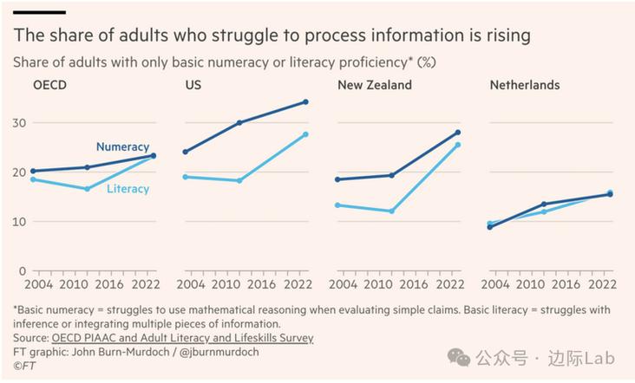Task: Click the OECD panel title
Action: [x=49, y=85]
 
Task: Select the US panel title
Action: [x=193, y=85]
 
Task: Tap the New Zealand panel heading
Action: [x=375, y=85]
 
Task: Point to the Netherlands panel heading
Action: [x=525, y=85]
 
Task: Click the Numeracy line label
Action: [x=122, y=147]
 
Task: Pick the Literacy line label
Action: [x=128, y=189]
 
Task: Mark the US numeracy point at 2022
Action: [x=305, y=102]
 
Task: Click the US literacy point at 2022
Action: [x=305, y=134]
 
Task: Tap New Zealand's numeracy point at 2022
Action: [x=458, y=133]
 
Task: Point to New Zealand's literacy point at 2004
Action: [x=337, y=205]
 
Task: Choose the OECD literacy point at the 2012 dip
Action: [x=87, y=189]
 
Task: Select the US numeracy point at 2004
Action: [x=186, y=152]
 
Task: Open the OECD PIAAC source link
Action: [x=182, y=338]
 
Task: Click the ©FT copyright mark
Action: [x=23, y=367]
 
